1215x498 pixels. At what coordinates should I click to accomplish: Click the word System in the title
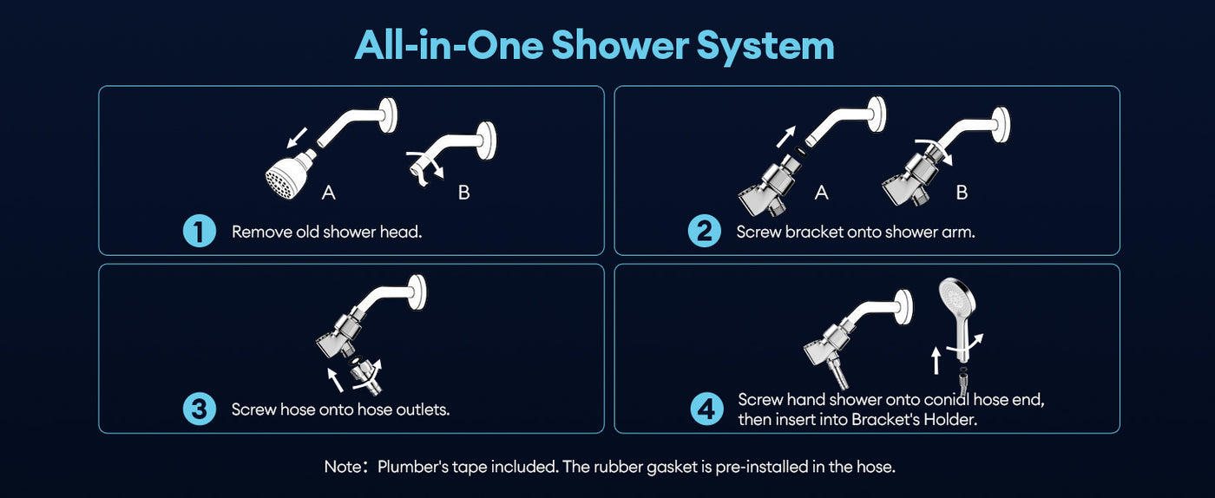coord(765,47)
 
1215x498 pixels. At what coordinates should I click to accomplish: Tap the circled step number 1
coord(200,231)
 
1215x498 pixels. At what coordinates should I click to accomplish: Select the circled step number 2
coord(704,231)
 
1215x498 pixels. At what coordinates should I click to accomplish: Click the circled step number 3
coord(200,409)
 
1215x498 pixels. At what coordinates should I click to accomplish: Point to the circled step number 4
coord(706,409)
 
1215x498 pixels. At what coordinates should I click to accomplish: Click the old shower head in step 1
coord(290,174)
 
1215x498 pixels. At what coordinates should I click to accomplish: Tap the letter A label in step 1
coord(328,193)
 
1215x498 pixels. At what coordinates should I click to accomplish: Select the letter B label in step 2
coord(962,193)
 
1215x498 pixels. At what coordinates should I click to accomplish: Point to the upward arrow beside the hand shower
coord(936,361)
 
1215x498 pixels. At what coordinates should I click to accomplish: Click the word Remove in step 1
coord(262,233)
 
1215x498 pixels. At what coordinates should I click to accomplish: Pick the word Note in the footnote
coord(343,467)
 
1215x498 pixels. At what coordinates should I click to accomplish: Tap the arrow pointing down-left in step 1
coord(297,138)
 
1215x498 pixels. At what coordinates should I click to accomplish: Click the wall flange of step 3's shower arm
coord(417,292)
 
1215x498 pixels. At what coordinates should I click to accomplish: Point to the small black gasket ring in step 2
coord(799,151)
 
